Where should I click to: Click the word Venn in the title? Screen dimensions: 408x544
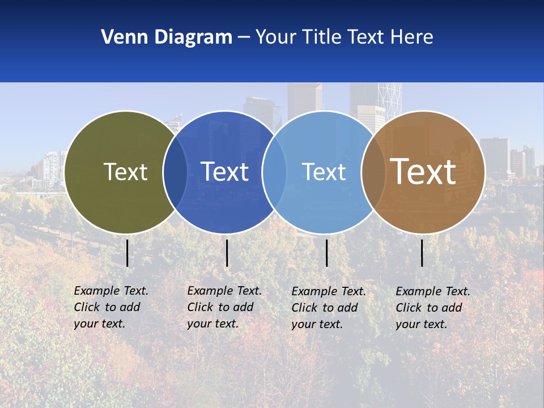click(120, 37)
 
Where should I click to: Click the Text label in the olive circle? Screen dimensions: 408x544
click(125, 172)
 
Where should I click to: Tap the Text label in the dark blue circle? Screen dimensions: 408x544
click(224, 172)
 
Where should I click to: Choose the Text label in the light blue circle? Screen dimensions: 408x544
click(324, 172)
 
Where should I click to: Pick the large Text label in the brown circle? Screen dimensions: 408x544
click(423, 171)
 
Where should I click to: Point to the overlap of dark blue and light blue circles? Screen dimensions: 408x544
click(274, 172)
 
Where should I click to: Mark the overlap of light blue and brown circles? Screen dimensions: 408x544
click(373, 172)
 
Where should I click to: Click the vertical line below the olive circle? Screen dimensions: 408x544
click(127, 253)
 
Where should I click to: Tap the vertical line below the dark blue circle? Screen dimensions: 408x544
click(227, 253)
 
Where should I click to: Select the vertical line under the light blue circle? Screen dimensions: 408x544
click(327, 253)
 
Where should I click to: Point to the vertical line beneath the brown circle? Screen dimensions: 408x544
click(422, 253)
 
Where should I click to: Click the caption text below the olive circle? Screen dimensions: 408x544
click(111, 307)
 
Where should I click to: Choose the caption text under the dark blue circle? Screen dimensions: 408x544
click(224, 307)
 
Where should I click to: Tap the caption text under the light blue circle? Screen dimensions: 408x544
click(329, 308)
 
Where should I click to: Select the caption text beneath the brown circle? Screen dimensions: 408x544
click(433, 308)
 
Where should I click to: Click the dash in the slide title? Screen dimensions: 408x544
click(244, 38)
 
